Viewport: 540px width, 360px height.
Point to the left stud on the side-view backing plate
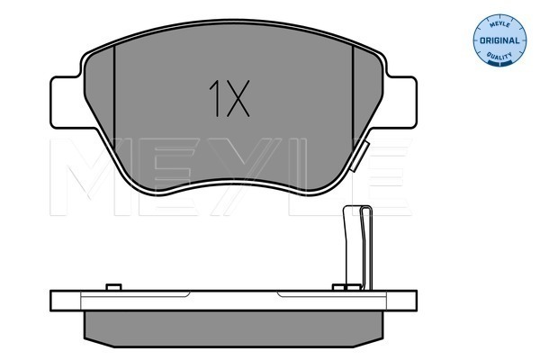112,288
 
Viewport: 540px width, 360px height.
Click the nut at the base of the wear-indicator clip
342,288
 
